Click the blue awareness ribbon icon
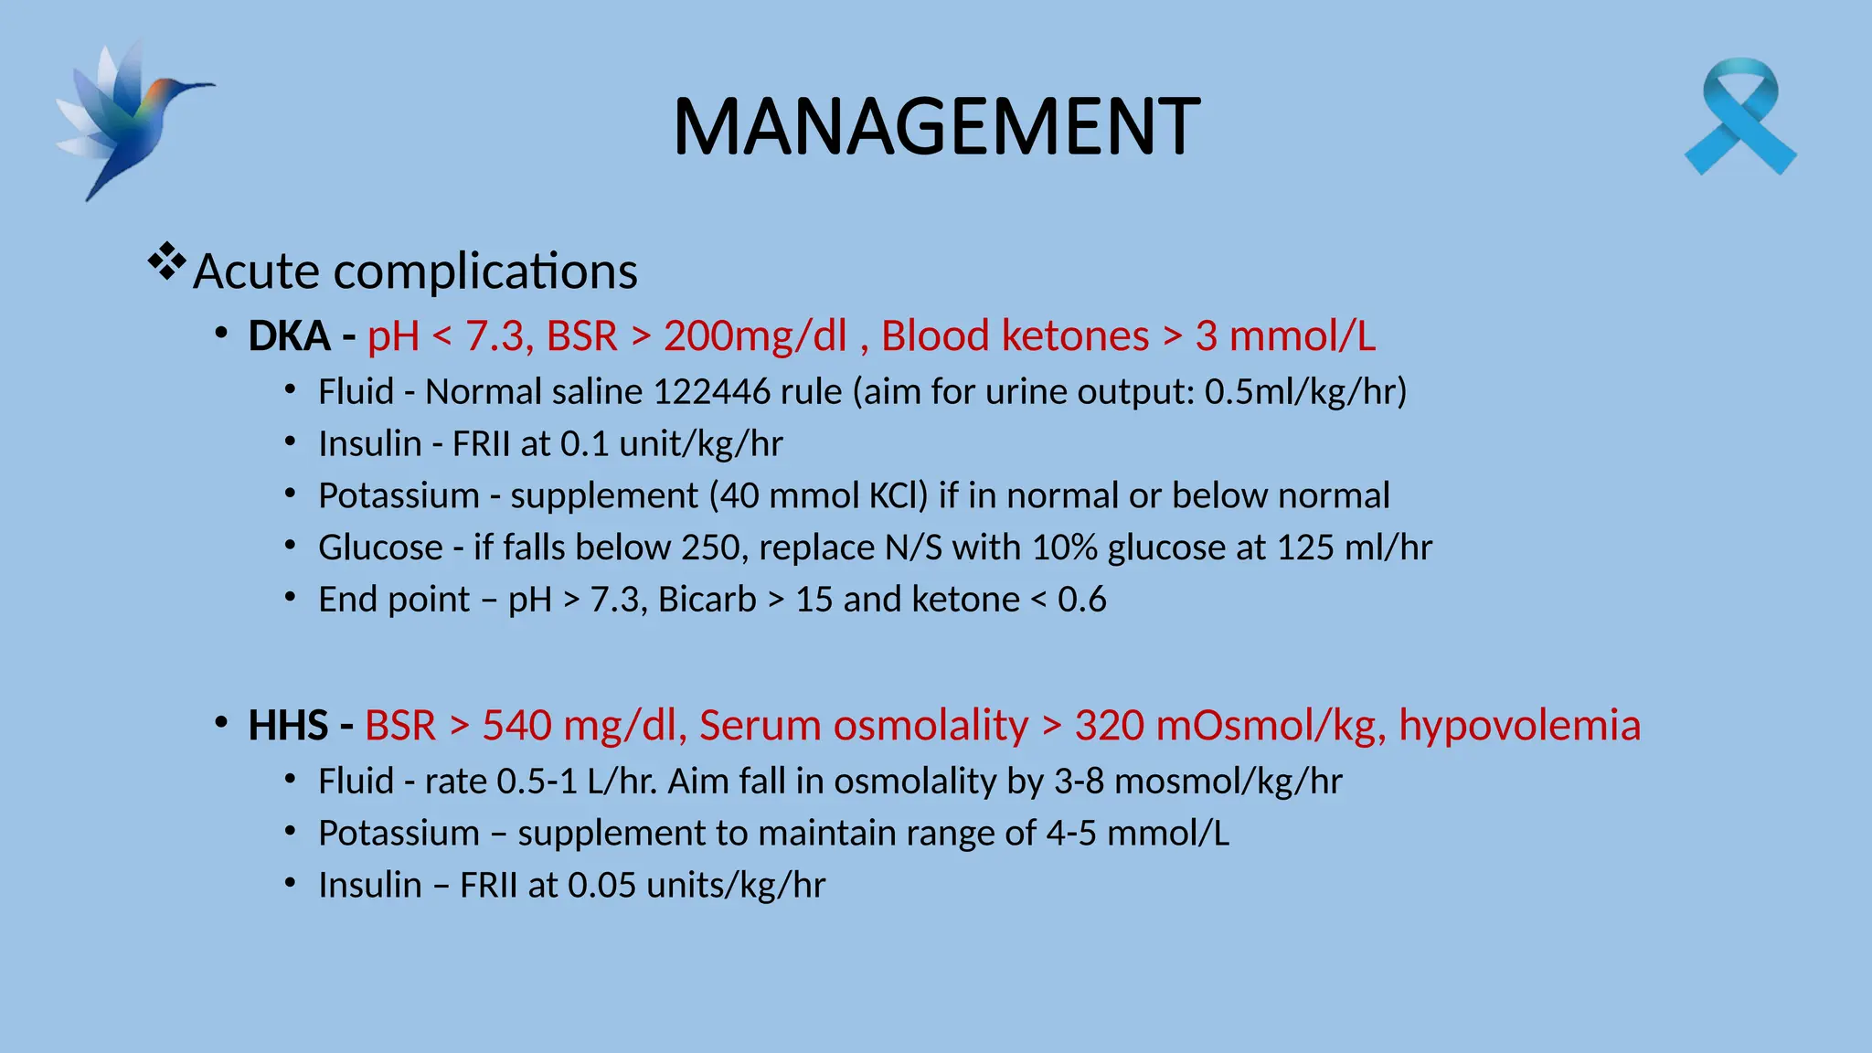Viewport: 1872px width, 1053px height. pyautogui.click(x=1740, y=117)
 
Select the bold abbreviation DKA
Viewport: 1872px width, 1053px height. pyautogui.click(x=289, y=336)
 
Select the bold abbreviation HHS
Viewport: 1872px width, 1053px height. pyautogui.click(x=288, y=726)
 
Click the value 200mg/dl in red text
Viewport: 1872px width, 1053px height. pyautogui.click(x=755, y=336)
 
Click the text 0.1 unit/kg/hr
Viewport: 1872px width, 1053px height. pyautogui.click(x=672, y=444)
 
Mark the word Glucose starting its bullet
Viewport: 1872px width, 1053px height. pyautogui.click(x=380, y=548)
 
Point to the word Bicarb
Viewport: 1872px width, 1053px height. pyautogui.click(x=707, y=601)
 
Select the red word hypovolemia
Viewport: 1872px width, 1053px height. pyautogui.click(x=1519, y=726)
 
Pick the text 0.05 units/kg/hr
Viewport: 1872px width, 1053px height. pyautogui.click(x=697, y=886)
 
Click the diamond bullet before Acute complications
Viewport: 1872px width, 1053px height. pyautogui.click(x=166, y=263)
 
